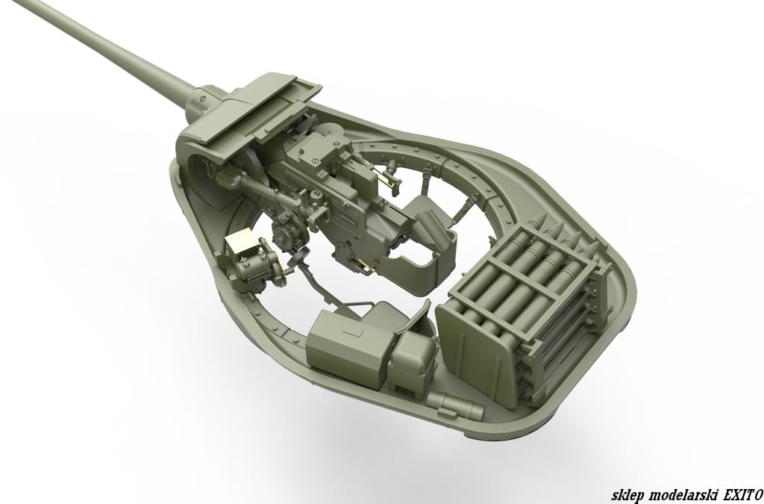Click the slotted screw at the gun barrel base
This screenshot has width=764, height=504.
[203, 99]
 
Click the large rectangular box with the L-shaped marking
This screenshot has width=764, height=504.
[348, 347]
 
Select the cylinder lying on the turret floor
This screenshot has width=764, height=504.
[455, 405]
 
